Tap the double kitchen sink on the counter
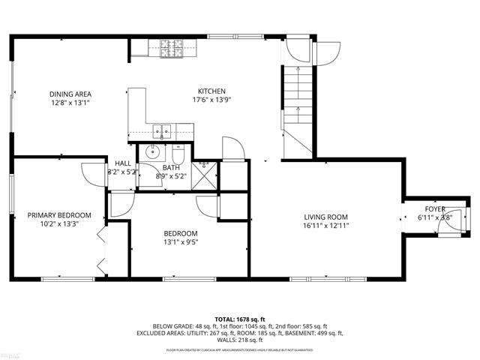tap(163, 131)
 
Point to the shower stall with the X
tap(203, 174)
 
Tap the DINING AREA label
tap(71, 94)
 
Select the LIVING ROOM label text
tap(325, 216)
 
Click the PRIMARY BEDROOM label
tap(59, 215)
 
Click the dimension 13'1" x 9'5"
tap(181, 242)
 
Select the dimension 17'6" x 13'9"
tap(211, 99)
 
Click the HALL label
tap(123, 163)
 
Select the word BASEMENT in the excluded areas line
tap(302, 333)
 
